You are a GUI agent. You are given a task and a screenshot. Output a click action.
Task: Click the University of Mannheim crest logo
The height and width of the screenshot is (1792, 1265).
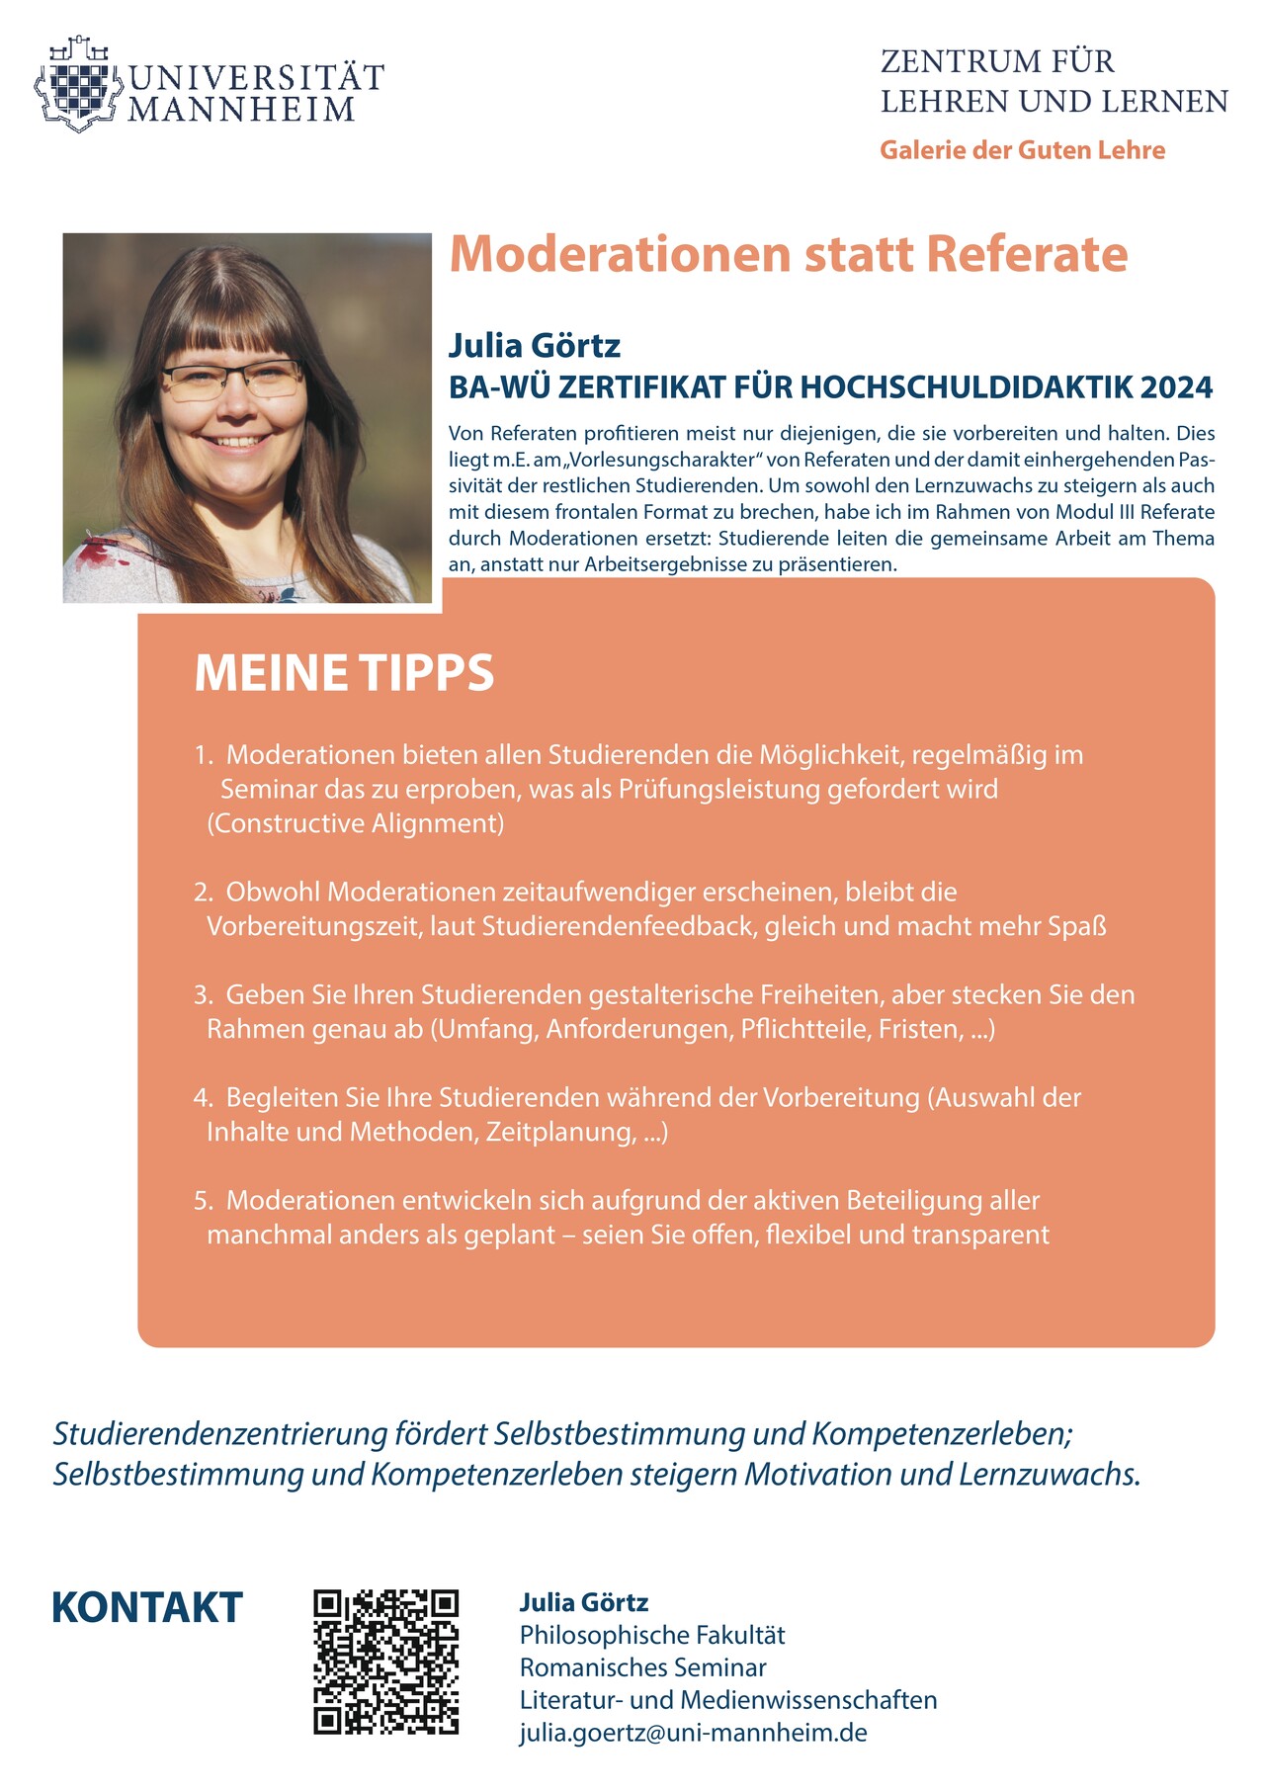pos(79,85)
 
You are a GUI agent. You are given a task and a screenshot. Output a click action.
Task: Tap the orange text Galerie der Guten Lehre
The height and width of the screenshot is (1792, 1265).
pos(1022,150)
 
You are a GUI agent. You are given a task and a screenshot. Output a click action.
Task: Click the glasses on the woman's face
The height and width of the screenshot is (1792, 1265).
pos(233,379)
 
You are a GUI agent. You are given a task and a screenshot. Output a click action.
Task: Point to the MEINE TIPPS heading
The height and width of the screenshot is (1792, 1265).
pos(344,673)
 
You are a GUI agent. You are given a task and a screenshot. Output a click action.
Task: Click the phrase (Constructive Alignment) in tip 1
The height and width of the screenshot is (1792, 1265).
pos(356,823)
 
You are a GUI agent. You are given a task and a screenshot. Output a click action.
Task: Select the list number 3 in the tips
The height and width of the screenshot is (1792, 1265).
pos(202,995)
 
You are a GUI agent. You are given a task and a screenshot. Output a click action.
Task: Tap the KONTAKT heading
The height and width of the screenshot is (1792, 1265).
pos(147,1608)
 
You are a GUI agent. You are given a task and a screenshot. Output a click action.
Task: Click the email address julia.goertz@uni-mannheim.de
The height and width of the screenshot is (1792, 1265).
pos(693,1733)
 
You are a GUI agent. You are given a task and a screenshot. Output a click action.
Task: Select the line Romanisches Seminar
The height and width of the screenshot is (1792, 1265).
pos(642,1667)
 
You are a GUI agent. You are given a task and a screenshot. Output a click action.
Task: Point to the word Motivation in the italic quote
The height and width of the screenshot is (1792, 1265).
pos(818,1474)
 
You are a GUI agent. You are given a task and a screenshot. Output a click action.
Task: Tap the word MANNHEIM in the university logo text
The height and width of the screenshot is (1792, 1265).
pos(241,110)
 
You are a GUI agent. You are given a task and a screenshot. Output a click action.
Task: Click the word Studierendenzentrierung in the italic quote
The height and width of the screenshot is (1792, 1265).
pos(219,1433)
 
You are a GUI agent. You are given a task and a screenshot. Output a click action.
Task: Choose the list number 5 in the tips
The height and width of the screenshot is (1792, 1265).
pos(202,1201)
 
